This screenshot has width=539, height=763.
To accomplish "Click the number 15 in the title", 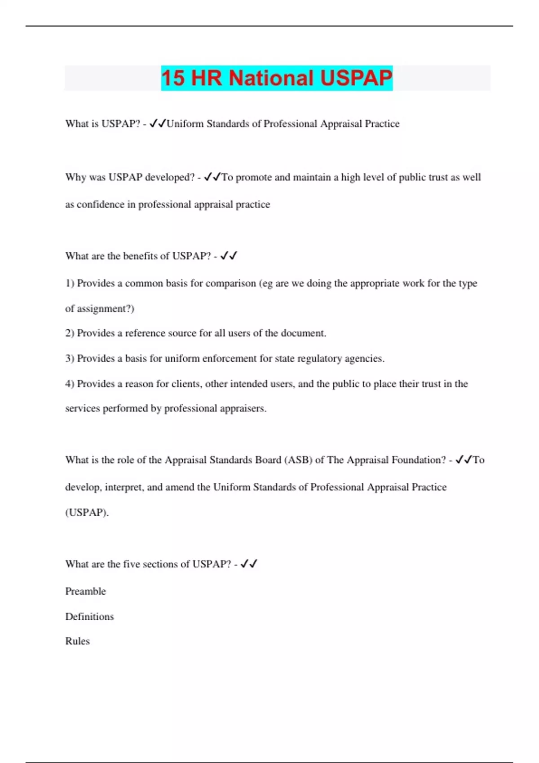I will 173,78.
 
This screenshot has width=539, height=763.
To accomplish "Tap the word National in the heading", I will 271,78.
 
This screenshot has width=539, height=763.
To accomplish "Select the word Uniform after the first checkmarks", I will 185,124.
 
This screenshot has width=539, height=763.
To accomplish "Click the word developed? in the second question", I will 170,177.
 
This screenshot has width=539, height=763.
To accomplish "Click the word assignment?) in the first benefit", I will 106,309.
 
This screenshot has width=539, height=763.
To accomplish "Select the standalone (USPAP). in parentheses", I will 87,513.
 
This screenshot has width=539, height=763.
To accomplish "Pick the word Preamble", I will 85,592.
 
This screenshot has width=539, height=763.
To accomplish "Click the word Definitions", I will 89,617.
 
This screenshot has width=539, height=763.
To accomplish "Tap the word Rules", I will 77,641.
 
